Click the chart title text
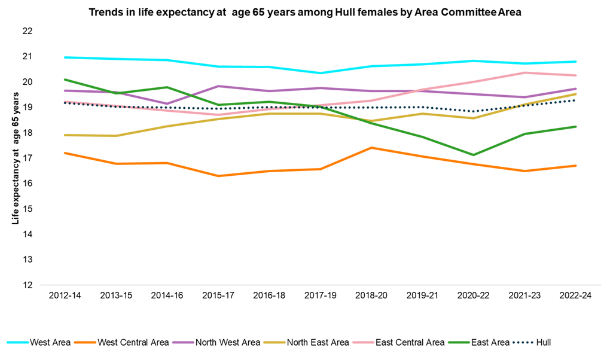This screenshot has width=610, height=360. pos(305,12)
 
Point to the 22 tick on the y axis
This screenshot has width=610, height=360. pos(27,31)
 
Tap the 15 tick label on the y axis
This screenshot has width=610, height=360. pos(27,209)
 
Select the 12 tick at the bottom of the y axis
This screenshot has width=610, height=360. pos(27,285)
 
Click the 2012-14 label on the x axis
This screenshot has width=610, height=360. pos(65,297)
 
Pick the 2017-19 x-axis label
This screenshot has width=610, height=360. pos(321,297)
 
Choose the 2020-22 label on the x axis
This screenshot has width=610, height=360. pos(474,297)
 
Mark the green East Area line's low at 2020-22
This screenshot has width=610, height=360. pos(474,155)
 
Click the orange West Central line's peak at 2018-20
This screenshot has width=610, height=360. pos(371,148)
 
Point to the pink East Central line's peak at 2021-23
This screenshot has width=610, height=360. pos(524,73)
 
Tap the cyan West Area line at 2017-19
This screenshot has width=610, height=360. pos(321,73)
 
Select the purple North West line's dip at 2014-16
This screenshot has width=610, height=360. pos(167,103)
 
